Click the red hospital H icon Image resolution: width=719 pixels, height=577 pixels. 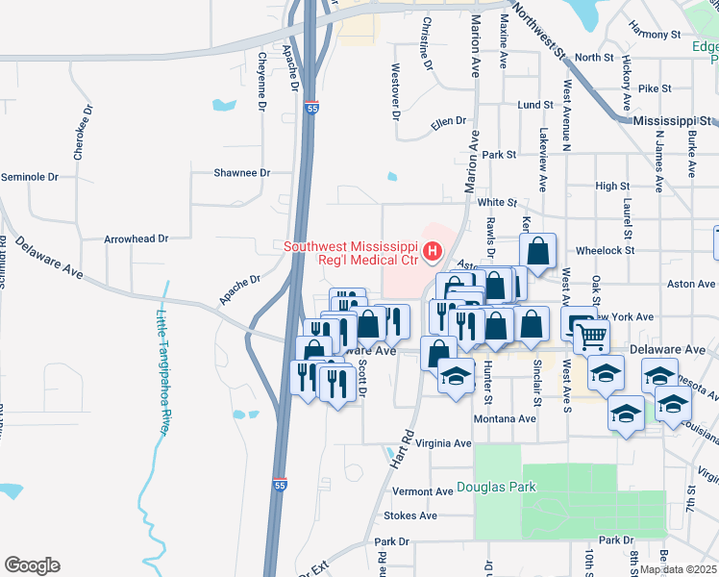433,253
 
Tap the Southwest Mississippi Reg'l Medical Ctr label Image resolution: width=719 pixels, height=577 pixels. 352,253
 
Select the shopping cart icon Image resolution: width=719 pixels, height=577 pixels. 592,336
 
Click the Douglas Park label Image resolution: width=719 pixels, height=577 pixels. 496,488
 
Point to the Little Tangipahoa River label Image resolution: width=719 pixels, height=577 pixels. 162,366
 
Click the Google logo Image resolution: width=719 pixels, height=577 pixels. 32,565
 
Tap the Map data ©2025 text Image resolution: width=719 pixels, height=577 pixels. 678,569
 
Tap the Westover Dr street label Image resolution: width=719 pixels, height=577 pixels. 395,92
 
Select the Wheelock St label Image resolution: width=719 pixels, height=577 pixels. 606,250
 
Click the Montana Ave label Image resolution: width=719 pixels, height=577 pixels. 505,419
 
